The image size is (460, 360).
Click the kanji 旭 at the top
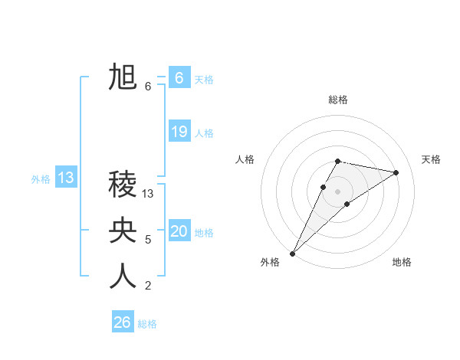click(123, 77)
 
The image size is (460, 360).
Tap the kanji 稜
click(123, 185)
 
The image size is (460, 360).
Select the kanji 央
click(123, 231)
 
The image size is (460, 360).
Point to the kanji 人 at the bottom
click(123, 277)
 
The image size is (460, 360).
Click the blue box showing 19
click(179, 132)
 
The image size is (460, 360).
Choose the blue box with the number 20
click(179, 231)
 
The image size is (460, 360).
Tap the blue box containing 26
click(123, 322)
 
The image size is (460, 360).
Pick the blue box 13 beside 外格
click(66, 178)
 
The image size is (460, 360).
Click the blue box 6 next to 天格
click(179, 78)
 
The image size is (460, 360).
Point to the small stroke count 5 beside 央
click(148, 240)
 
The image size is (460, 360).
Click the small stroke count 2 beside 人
click(148, 286)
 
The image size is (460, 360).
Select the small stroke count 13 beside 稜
click(149, 194)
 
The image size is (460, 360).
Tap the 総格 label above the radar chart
click(338, 100)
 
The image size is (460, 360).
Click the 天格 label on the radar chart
click(432, 159)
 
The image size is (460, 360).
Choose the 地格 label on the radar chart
click(402, 262)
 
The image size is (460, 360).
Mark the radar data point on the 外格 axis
click(292, 253)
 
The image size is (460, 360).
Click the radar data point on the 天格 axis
click(396, 172)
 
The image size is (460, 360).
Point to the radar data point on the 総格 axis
click(338, 161)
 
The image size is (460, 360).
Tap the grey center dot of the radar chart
click(338, 191)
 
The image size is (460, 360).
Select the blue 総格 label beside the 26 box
click(147, 324)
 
